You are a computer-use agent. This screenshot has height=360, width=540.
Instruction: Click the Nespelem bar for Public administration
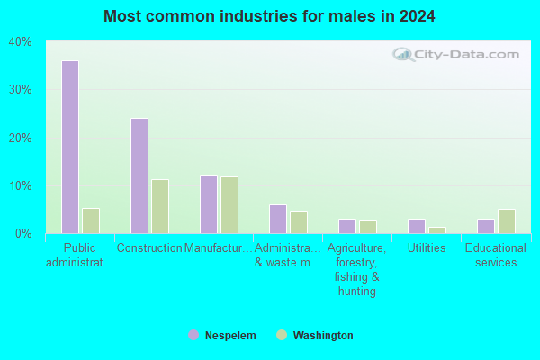pos(70,147)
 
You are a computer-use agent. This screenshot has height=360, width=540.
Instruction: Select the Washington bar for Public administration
pos(91,220)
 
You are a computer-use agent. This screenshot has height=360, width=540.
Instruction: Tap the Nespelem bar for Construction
pos(139,175)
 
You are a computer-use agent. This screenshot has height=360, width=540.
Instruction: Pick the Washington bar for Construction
pos(160,206)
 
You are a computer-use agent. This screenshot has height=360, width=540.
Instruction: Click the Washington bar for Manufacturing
pos(229,205)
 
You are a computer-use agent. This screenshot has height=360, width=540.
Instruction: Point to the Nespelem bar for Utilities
pos(417,226)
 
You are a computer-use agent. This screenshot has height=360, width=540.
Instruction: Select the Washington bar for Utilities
pos(437,230)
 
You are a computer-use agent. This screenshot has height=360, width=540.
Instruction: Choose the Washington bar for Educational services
pos(507,221)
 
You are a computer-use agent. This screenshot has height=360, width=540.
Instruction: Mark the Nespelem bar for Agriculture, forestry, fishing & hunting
pos(347,226)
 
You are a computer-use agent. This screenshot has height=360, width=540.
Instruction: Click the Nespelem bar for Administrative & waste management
pos(278,219)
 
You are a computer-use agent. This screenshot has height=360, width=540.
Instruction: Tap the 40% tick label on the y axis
pos(21,42)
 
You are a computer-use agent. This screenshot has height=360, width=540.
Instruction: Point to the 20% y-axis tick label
pos(21,138)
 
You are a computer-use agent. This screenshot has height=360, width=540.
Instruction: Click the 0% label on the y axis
pos(23,234)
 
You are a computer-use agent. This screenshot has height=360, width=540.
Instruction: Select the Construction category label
pos(149,247)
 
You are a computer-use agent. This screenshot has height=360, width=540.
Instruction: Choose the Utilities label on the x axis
pos(427,247)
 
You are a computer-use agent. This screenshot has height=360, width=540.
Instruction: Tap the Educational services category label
pos(496,255)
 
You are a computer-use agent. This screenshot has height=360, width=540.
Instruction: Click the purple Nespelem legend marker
pos(193,335)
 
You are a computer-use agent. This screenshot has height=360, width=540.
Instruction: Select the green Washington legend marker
pos(282,335)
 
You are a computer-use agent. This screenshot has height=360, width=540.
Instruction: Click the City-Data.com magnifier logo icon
pos(403,54)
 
